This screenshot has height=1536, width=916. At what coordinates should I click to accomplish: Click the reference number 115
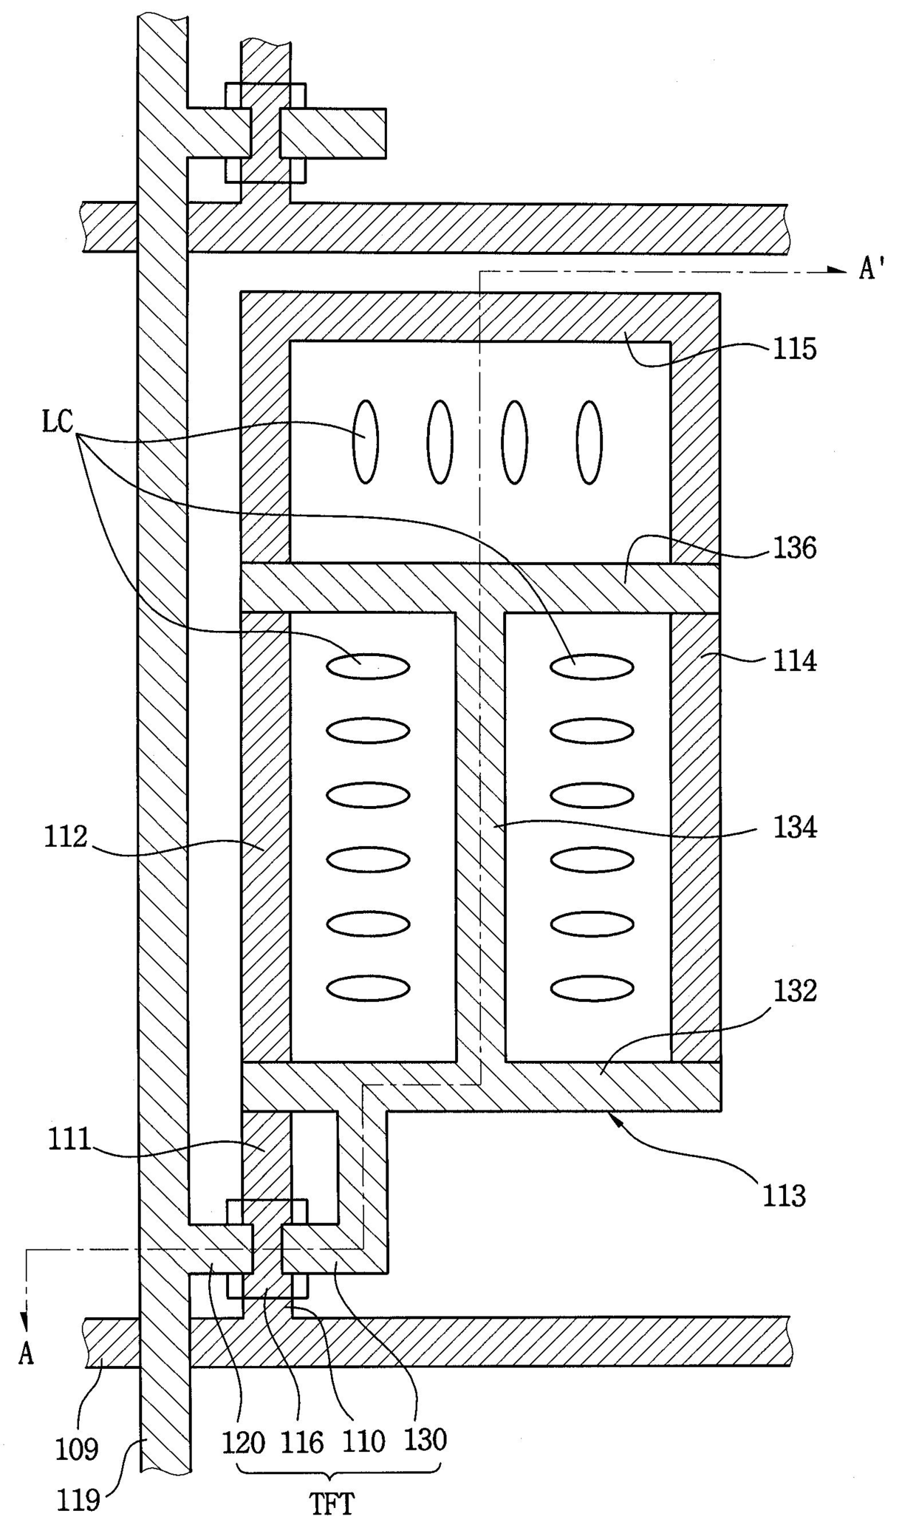(x=795, y=349)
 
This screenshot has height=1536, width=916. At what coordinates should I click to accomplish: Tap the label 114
(x=795, y=661)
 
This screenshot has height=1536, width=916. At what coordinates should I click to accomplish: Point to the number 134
(x=795, y=827)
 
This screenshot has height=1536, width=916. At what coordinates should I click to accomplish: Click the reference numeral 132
(x=795, y=991)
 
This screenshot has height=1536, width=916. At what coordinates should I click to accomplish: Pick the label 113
(x=784, y=1195)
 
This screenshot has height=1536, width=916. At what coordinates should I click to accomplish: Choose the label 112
(x=66, y=836)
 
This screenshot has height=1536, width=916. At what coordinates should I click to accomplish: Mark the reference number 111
(x=69, y=1139)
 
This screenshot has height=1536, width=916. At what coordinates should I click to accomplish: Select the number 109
(x=77, y=1450)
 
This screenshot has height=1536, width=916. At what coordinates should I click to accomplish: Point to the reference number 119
(x=79, y=1500)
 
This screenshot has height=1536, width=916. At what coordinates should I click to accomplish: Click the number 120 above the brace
(x=244, y=1441)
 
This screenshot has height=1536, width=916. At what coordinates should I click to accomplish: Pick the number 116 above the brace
(x=302, y=1441)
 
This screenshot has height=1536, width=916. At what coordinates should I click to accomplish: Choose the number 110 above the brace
(x=363, y=1441)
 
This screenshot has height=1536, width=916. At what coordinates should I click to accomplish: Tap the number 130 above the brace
(x=425, y=1441)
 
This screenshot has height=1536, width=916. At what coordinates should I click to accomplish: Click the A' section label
(x=872, y=269)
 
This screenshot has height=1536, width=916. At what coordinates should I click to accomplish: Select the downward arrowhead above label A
(x=27, y=1320)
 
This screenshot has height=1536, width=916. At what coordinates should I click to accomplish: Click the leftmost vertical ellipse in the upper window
(x=366, y=442)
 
